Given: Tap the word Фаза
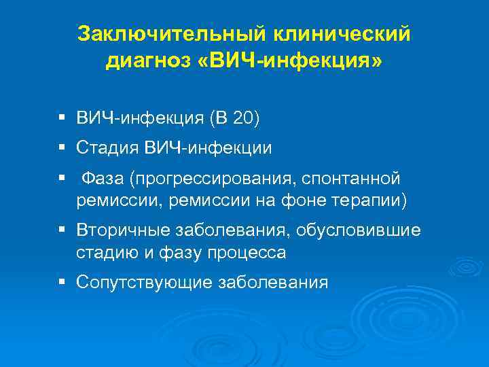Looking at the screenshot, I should (x=104, y=179).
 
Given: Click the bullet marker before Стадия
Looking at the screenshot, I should (x=62, y=146).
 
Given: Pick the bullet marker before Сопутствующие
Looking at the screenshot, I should (x=62, y=281).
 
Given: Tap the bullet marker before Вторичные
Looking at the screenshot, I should (x=62, y=230).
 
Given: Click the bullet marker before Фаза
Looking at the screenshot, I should (x=62, y=178).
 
